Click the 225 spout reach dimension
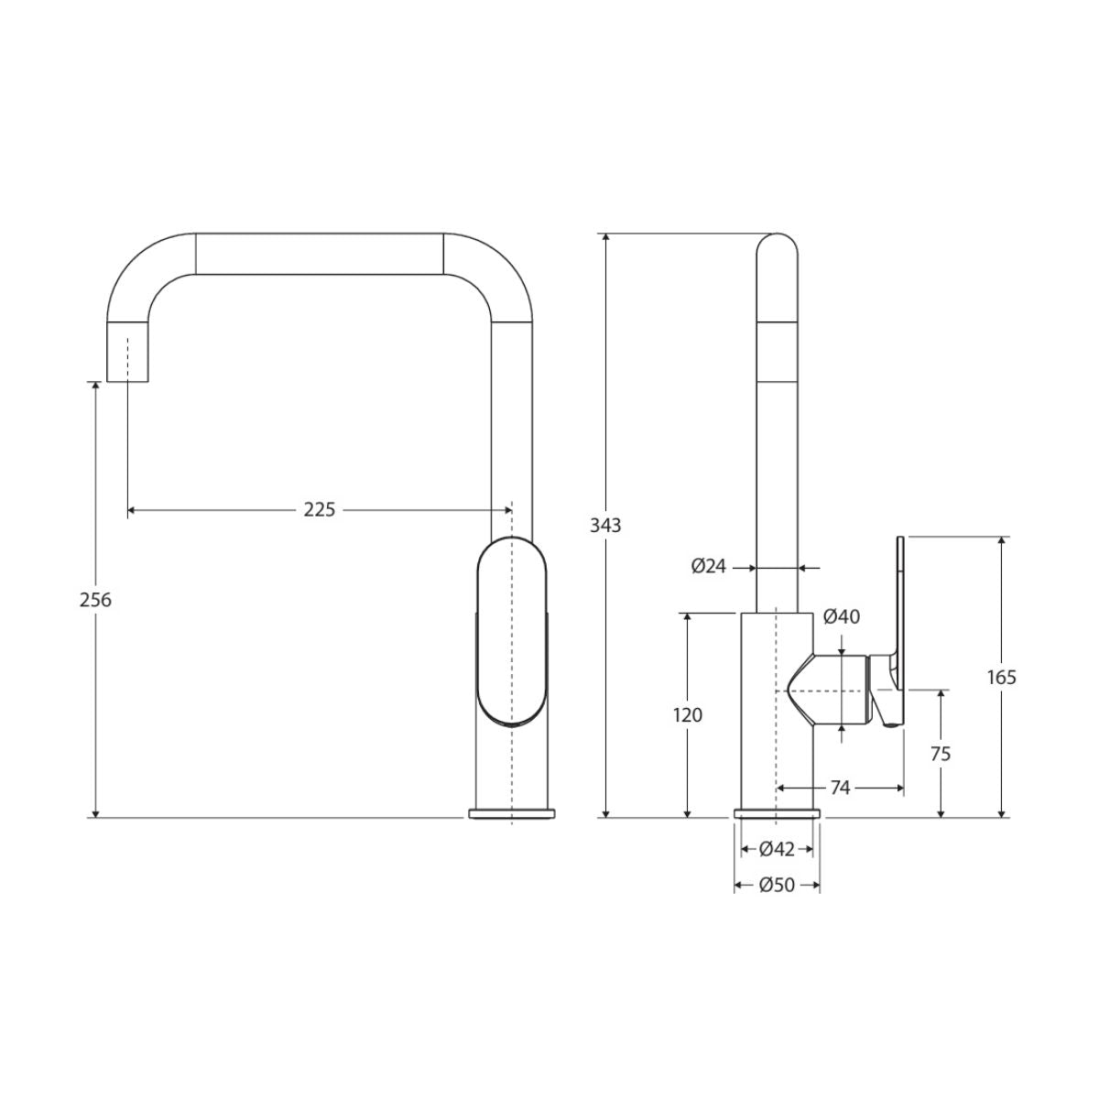coord(319,509)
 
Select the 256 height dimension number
coord(95,599)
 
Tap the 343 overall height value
coord(605,525)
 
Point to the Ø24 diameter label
coord(709,566)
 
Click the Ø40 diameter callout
coord(842,616)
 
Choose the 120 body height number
coord(687,714)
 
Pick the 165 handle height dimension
coord(1002,677)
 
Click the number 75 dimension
coord(941,754)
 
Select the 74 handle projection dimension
coord(840,788)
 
